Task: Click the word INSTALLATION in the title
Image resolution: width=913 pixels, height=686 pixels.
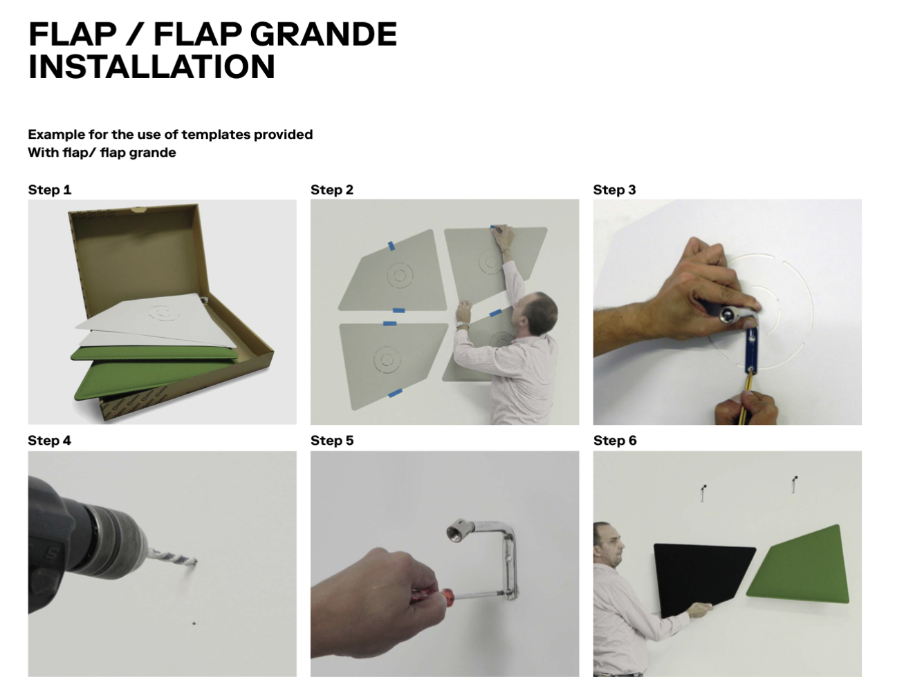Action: tap(151, 66)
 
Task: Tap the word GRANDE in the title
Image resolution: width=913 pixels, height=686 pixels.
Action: tap(324, 34)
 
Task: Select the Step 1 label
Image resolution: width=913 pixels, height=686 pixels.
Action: tap(50, 190)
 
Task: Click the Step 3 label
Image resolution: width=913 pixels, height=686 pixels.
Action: tap(614, 190)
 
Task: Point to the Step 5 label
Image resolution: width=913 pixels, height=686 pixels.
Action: tap(332, 441)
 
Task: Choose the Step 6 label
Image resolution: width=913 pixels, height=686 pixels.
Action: tap(615, 441)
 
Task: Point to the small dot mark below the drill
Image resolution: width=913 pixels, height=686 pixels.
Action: tap(194, 623)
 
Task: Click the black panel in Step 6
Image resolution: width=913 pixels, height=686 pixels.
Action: tap(703, 580)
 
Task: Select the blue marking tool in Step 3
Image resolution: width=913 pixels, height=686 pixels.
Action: tap(750, 349)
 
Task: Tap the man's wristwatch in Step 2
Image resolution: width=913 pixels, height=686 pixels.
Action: tap(462, 325)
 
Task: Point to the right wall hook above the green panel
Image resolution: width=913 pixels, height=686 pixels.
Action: tap(794, 484)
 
